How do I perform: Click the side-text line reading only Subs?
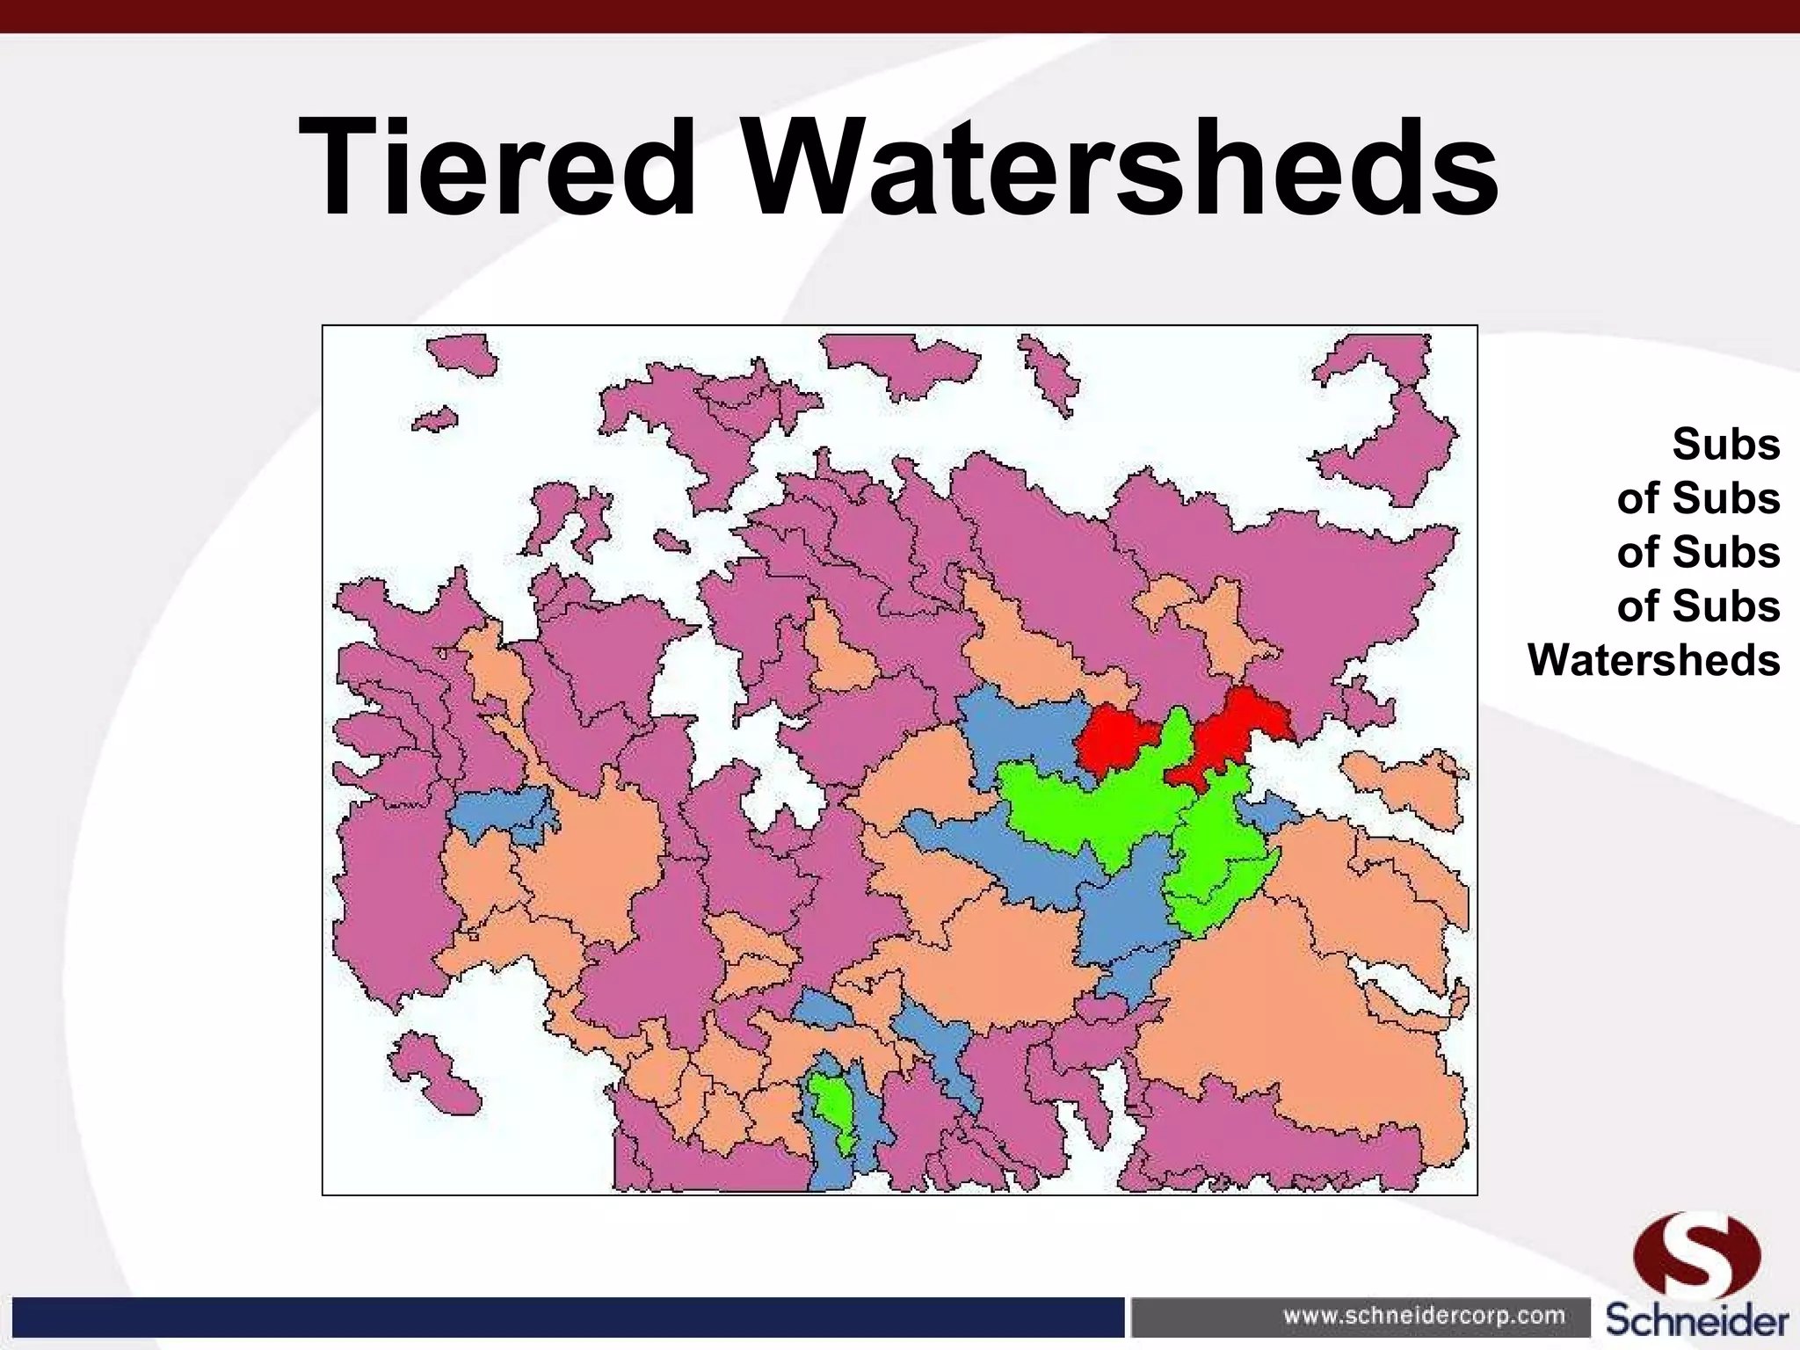point(1725,445)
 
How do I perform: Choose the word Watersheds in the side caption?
point(1653,660)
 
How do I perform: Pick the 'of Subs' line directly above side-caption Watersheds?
point(1697,606)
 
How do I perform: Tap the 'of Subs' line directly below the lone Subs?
point(1697,498)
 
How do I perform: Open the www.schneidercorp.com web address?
point(1424,1316)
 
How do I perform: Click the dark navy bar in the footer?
point(562,1317)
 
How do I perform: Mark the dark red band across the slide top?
point(900,16)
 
